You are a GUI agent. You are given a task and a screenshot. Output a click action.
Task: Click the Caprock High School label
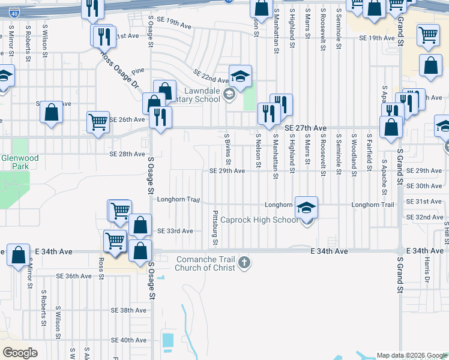(x=259, y=220)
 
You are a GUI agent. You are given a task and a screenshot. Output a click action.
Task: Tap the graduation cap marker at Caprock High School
(x=307, y=208)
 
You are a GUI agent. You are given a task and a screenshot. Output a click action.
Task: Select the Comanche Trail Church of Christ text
(x=205, y=263)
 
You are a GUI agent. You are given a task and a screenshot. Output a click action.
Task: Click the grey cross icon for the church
(x=244, y=262)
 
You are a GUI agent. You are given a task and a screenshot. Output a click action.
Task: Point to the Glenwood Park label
(x=20, y=162)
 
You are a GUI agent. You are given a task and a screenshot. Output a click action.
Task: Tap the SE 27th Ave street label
(x=305, y=128)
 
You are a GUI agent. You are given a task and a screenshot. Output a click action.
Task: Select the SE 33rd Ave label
(x=175, y=231)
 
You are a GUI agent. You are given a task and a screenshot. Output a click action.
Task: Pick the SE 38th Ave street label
(x=128, y=311)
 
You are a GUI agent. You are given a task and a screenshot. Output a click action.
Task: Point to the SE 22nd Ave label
(x=211, y=76)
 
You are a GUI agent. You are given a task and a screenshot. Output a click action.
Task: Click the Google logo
(x=20, y=353)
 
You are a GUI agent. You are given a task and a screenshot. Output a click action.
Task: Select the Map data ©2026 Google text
(x=412, y=355)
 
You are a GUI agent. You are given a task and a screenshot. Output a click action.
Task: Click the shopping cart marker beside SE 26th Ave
(x=98, y=121)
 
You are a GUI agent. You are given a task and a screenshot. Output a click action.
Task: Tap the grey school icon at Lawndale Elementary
(x=229, y=94)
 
